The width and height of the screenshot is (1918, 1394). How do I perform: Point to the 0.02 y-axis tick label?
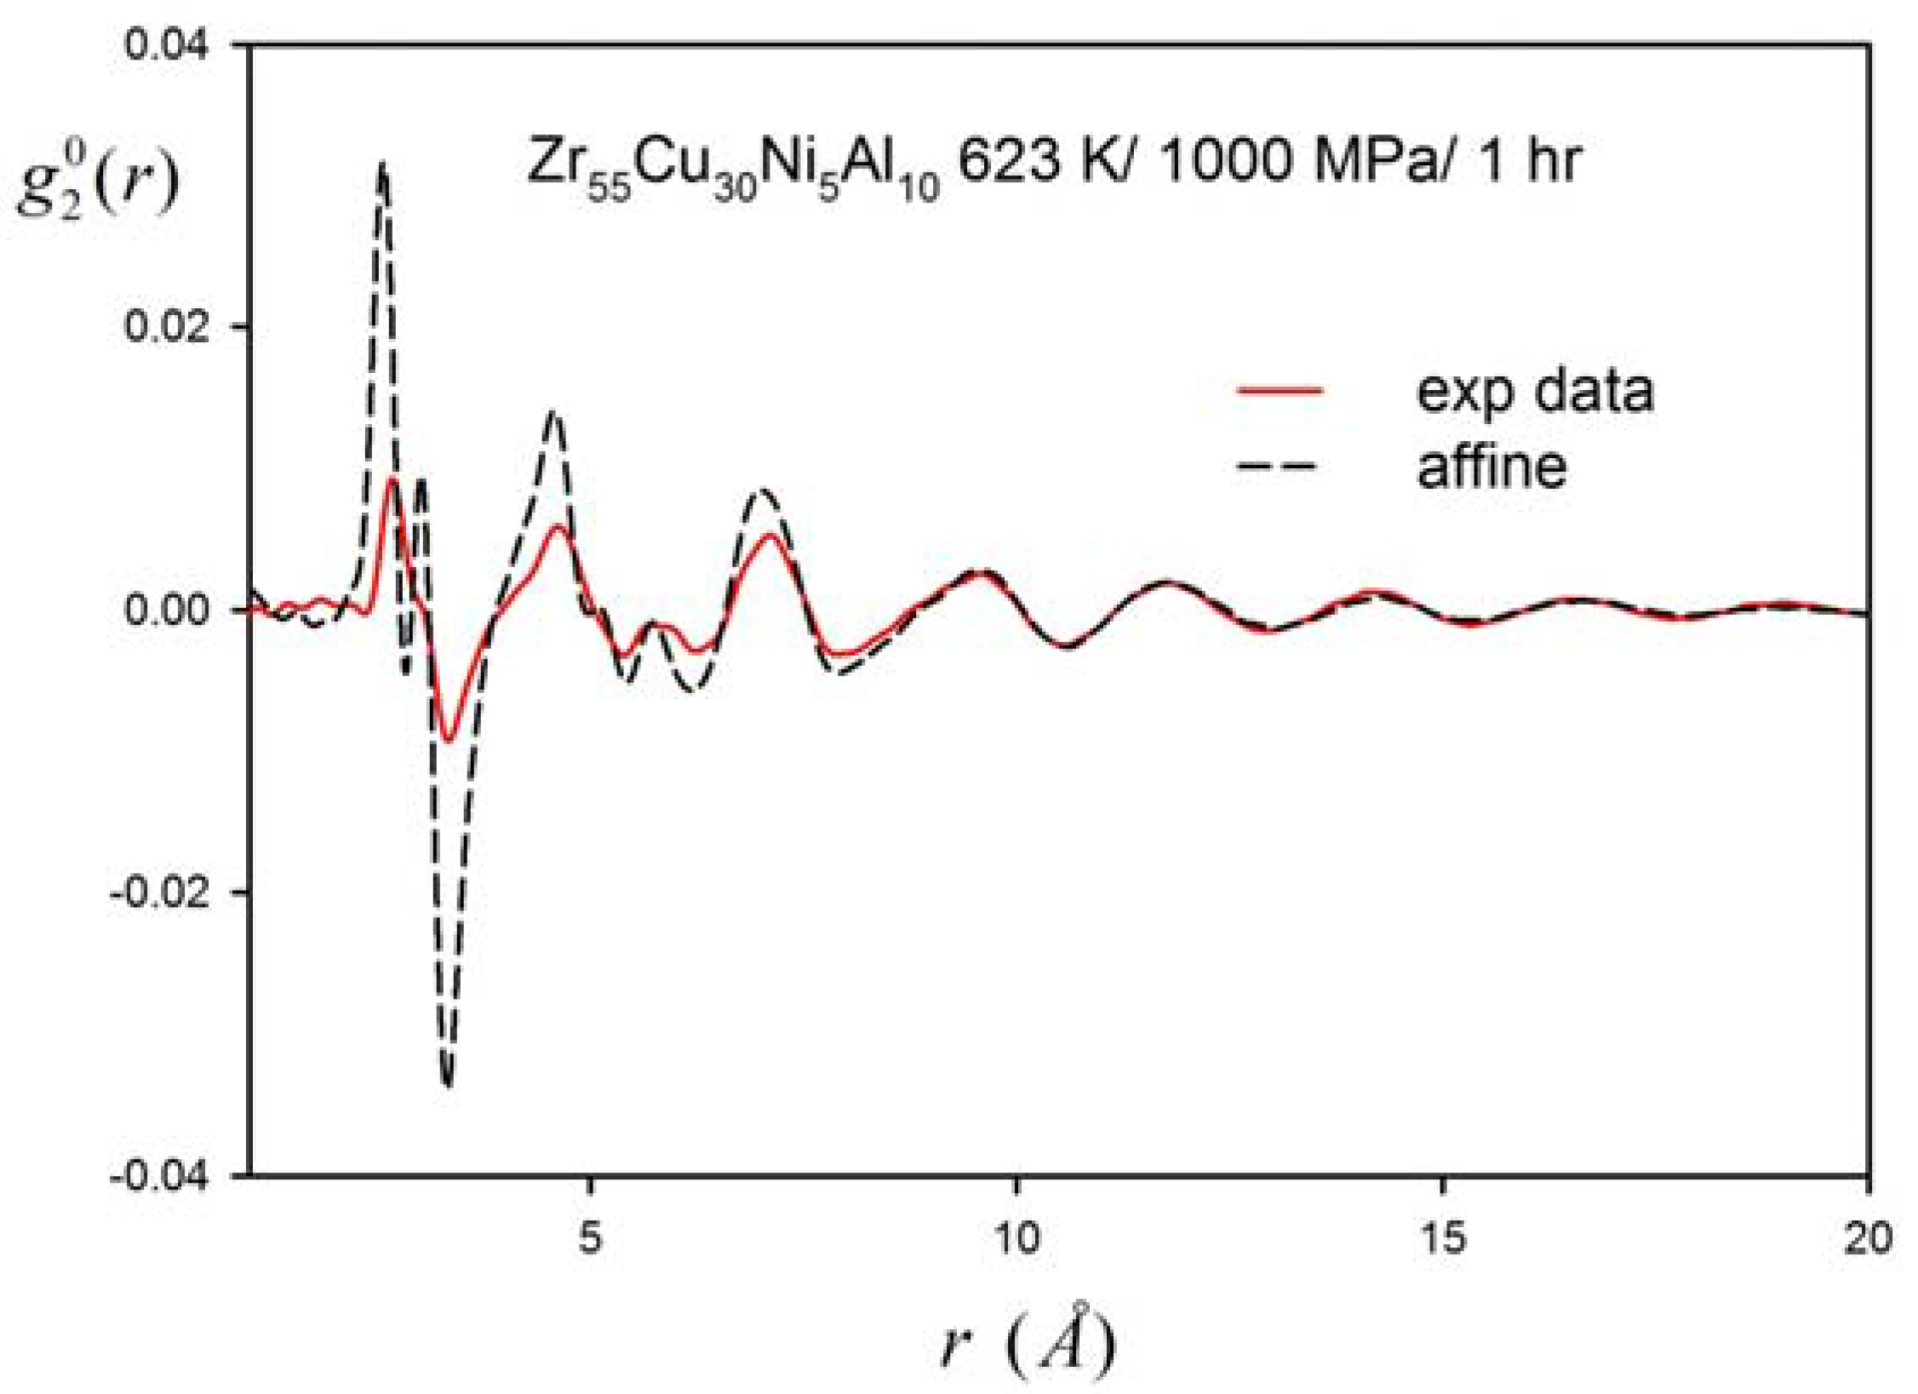(166, 326)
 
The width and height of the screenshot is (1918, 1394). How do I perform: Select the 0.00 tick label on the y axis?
(166, 610)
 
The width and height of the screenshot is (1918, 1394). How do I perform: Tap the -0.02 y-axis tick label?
(160, 893)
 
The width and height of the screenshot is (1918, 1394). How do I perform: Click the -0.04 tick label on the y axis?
(160, 1177)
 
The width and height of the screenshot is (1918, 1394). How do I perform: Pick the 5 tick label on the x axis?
(590, 1237)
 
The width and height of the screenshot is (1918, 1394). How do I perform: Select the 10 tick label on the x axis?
(1016, 1237)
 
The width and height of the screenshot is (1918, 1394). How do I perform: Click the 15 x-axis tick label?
(1443, 1237)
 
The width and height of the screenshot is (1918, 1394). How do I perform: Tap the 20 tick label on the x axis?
(1868, 1237)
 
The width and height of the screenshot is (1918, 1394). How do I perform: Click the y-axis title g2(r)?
(98, 183)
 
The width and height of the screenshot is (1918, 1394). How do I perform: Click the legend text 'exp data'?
(1534, 391)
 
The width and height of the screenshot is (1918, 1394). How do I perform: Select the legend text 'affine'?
(1491, 466)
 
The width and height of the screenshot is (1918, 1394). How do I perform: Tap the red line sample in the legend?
(1279, 391)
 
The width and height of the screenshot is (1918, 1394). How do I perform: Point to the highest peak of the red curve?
(392, 479)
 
